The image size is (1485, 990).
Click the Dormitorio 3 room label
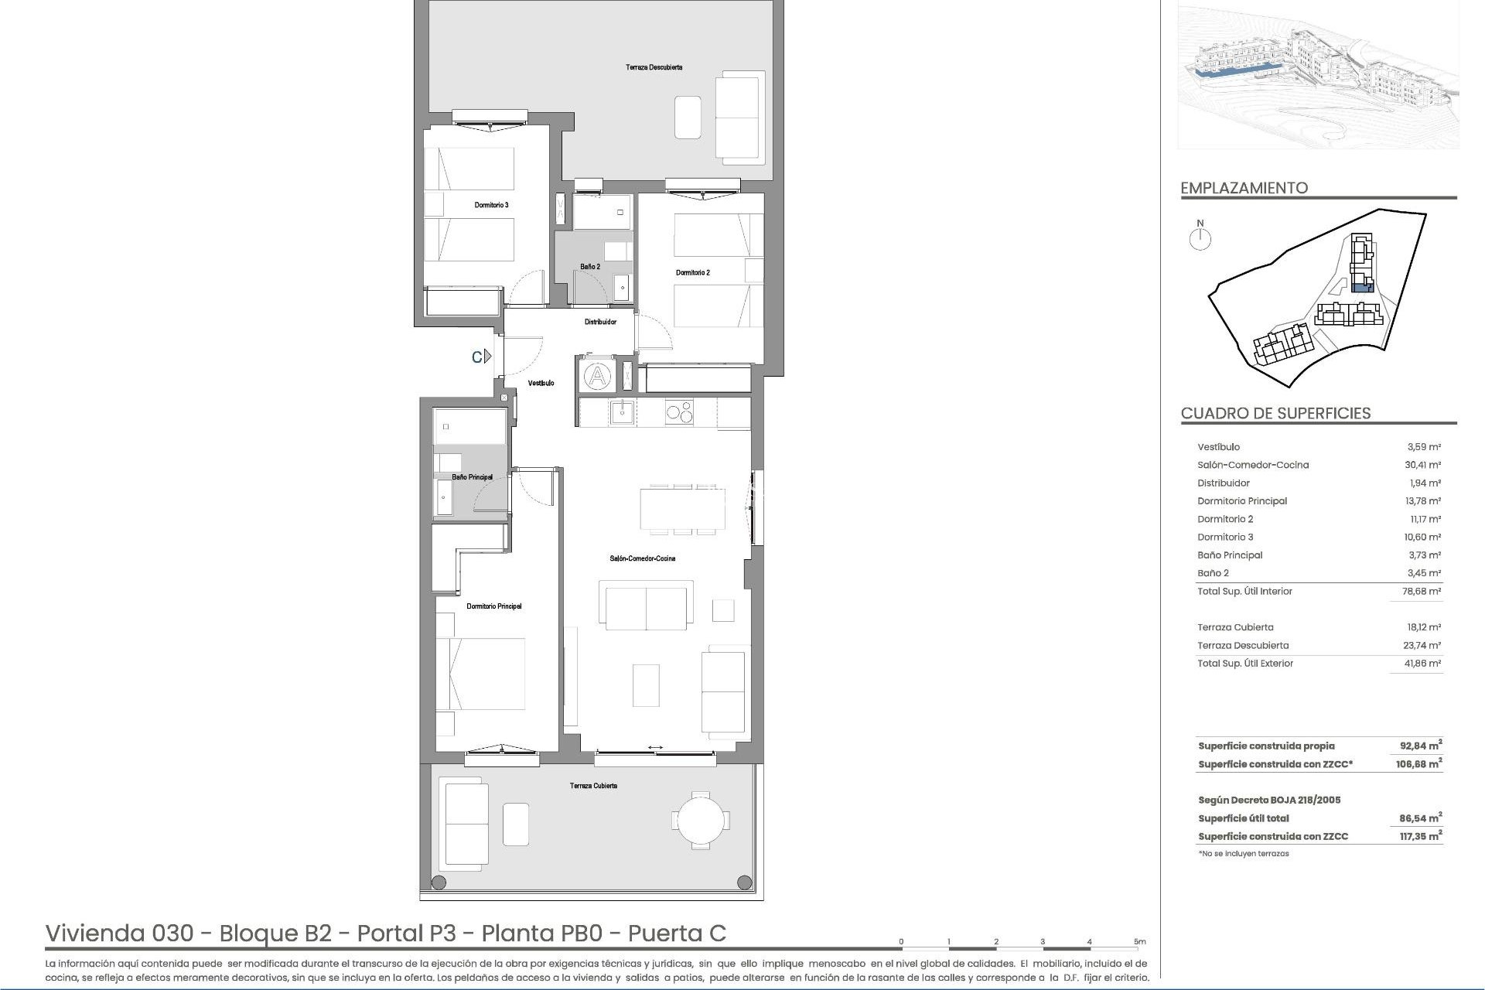491,205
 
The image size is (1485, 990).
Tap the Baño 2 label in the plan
590,267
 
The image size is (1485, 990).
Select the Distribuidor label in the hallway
600,322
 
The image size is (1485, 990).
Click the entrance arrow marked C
483,357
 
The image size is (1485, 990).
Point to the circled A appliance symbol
597,377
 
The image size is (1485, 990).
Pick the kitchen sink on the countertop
621,412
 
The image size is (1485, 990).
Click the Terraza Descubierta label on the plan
654,67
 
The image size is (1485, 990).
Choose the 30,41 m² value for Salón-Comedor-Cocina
1423,465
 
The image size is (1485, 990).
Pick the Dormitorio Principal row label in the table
1242,501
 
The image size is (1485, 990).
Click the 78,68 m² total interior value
1423,591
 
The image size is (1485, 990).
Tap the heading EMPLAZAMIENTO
1244,188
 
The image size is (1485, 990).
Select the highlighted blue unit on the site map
1360,288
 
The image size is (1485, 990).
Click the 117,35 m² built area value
1422,836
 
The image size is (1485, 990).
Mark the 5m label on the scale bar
1139,942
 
